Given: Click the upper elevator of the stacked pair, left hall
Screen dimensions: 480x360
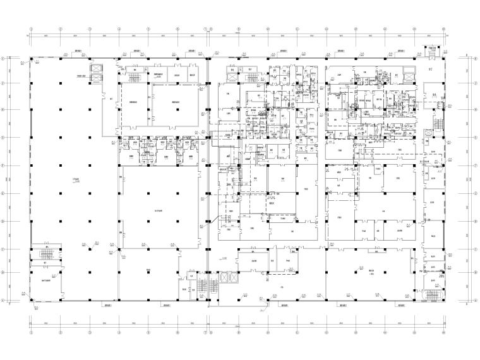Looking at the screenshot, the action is tap(97, 68).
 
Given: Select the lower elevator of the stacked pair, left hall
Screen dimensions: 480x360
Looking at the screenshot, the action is tap(97, 78).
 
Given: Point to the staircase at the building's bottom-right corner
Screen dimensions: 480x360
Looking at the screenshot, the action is tap(432, 294).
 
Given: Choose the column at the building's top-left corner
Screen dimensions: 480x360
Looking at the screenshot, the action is tap(30, 58).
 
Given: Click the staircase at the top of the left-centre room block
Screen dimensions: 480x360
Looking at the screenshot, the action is tap(134, 76).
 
